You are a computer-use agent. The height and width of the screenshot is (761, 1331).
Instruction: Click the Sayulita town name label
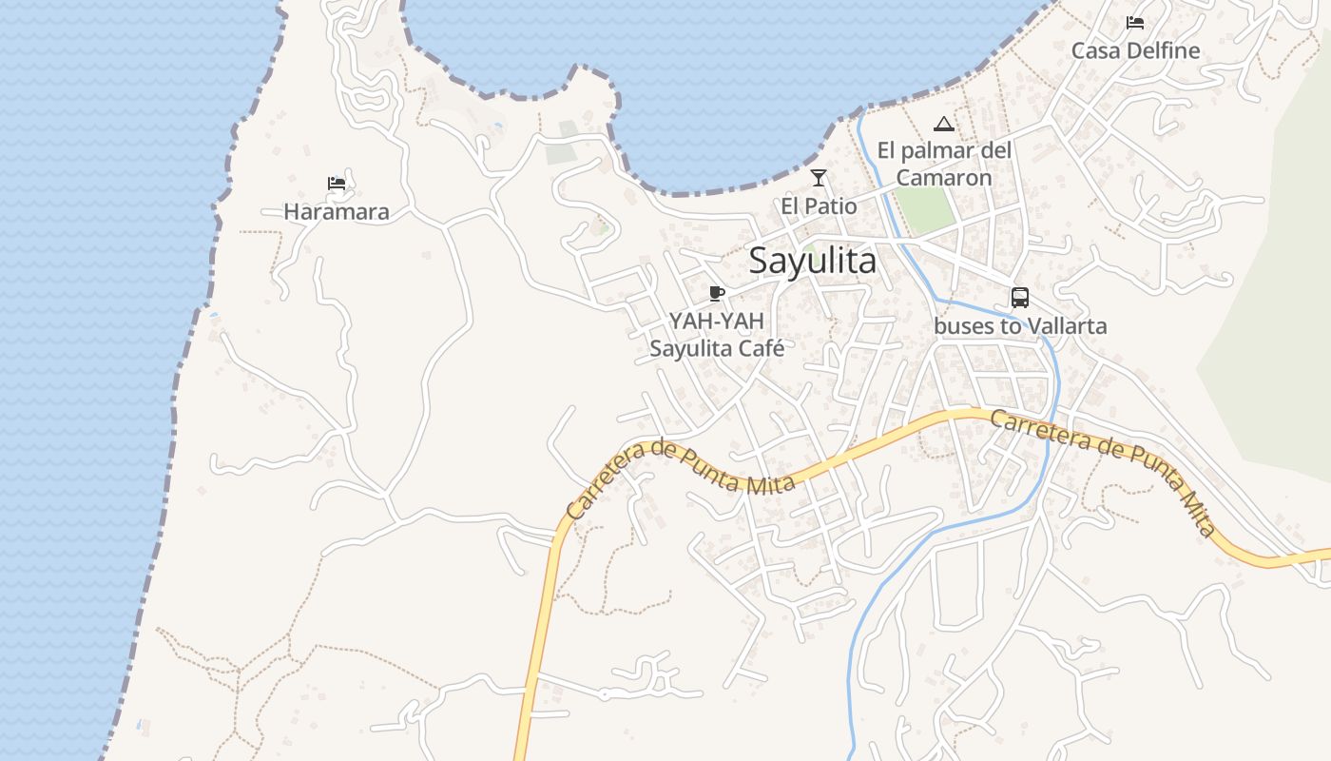click(x=813, y=260)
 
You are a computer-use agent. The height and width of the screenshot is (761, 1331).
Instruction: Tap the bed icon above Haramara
click(x=336, y=184)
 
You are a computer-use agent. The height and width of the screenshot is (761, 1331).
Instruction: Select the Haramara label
click(x=337, y=211)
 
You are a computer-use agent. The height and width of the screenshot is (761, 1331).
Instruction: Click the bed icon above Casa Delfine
click(x=1134, y=23)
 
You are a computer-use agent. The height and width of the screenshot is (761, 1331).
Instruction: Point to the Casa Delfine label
click(x=1135, y=50)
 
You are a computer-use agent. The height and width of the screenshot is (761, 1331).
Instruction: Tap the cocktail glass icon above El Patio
click(x=818, y=178)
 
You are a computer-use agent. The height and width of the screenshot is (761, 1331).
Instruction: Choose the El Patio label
click(x=819, y=205)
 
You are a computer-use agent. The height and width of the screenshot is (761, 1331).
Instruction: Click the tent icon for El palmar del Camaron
click(x=943, y=124)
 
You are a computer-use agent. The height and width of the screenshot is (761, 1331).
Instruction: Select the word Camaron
click(x=944, y=178)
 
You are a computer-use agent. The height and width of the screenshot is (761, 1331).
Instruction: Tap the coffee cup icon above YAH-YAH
click(x=717, y=293)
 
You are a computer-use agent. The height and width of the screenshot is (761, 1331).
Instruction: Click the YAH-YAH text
click(x=717, y=322)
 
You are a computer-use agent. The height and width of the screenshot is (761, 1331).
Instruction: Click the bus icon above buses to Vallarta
click(x=1020, y=298)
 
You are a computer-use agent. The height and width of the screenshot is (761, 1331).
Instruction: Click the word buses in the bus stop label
click(x=964, y=326)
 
